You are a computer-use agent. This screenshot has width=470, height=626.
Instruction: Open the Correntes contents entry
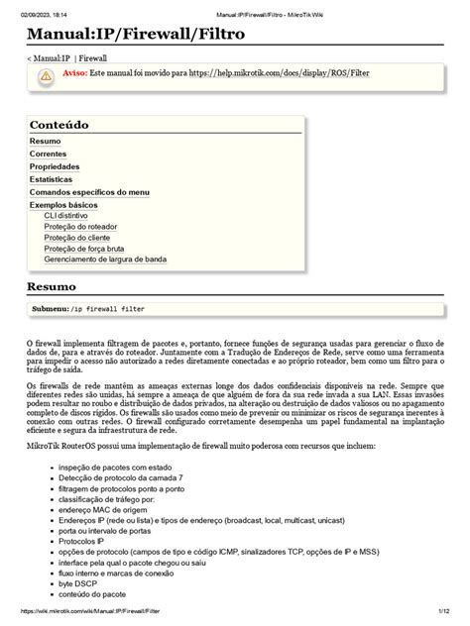coord(49,155)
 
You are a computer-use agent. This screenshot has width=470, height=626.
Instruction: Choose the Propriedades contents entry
coord(57,167)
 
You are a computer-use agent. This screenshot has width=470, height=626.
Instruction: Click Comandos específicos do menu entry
coord(89,192)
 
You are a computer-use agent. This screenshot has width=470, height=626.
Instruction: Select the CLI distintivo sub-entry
coord(65,215)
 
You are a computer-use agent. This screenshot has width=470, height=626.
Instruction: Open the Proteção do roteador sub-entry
coord(80,227)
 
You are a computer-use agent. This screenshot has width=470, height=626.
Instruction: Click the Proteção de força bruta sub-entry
coord(85,249)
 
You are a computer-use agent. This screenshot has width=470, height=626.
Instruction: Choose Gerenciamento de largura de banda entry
coord(105,260)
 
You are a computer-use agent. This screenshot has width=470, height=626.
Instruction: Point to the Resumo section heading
coord(52,287)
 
